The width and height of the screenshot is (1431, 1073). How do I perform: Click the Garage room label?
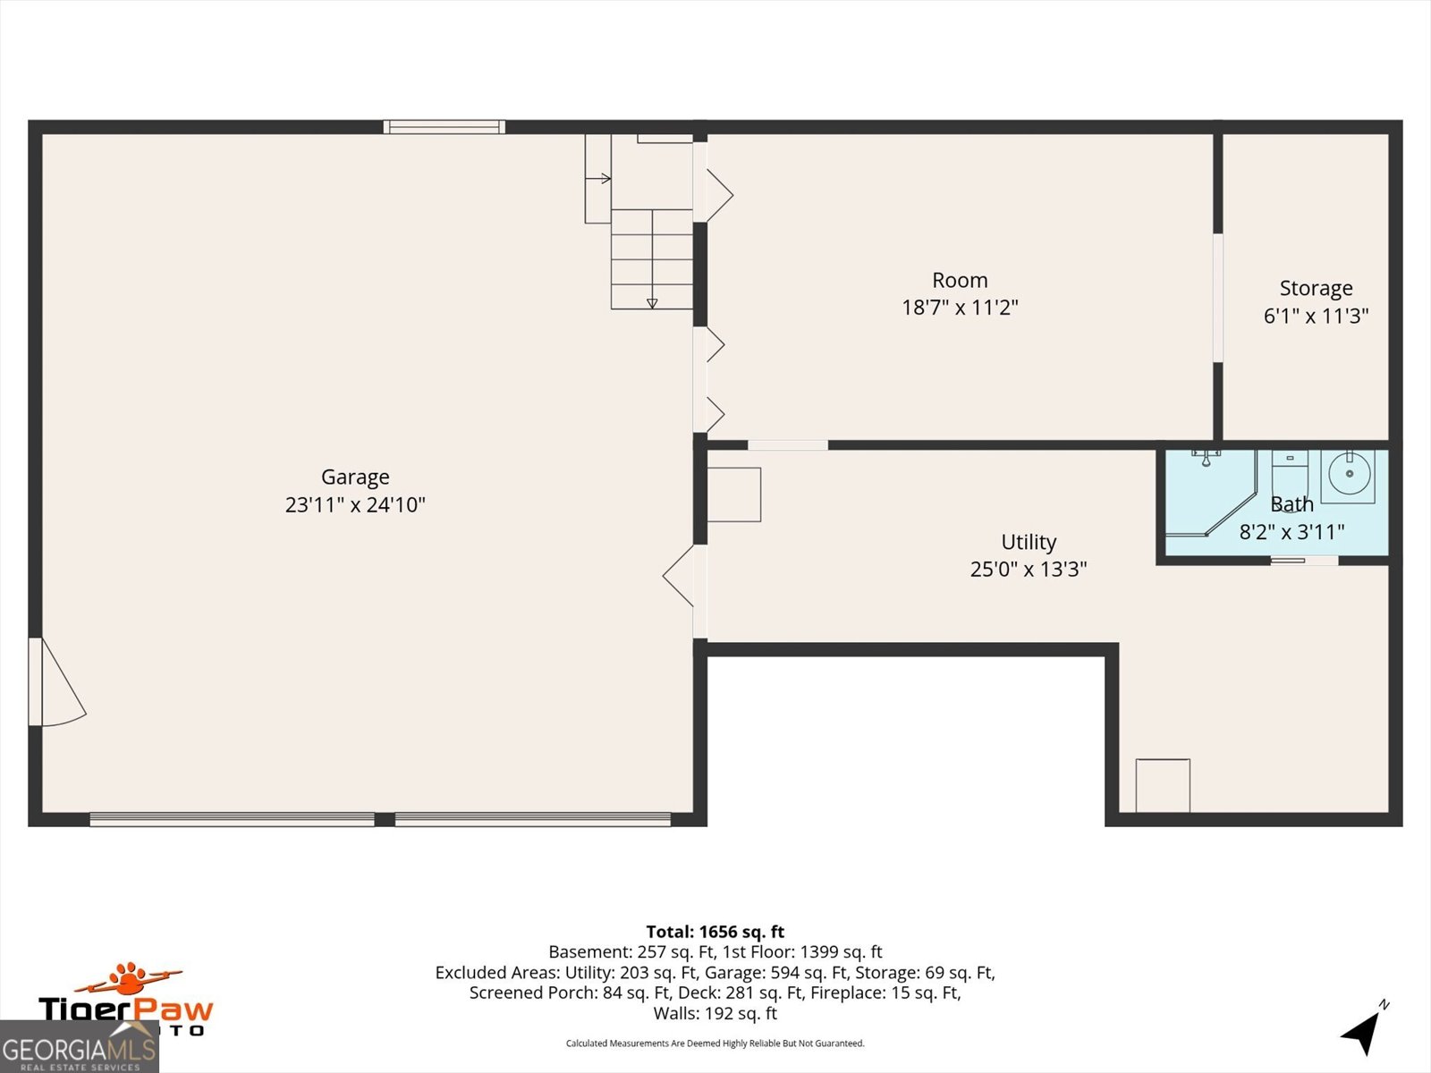(x=355, y=477)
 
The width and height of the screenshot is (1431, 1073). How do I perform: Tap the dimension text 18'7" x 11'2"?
(x=960, y=308)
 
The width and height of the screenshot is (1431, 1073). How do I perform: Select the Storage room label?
(x=1316, y=289)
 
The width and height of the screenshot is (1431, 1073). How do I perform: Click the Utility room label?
(x=1029, y=542)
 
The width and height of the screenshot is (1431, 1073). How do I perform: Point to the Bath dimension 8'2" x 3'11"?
(x=1291, y=532)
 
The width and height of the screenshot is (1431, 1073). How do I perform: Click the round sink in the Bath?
(x=1350, y=470)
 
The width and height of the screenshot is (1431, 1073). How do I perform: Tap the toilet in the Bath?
(x=1289, y=469)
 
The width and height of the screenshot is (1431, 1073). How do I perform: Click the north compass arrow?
(x=1363, y=1033)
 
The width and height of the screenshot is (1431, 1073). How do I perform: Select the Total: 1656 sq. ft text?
(x=715, y=932)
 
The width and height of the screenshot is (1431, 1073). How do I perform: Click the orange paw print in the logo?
(x=131, y=977)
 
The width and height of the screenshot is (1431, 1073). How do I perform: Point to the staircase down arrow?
(x=652, y=301)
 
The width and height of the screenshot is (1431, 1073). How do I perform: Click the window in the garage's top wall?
(x=445, y=127)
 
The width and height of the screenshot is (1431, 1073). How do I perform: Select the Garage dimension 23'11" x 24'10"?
(x=355, y=505)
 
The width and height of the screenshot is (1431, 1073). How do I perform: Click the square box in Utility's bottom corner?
(x=1163, y=785)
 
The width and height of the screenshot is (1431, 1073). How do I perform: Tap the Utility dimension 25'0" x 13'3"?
(x=1029, y=570)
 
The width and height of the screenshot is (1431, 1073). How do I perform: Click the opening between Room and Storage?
(x=1217, y=298)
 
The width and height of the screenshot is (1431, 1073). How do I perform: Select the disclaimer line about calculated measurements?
(x=715, y=1043)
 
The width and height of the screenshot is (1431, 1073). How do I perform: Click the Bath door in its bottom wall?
(x=1304, y=561)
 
